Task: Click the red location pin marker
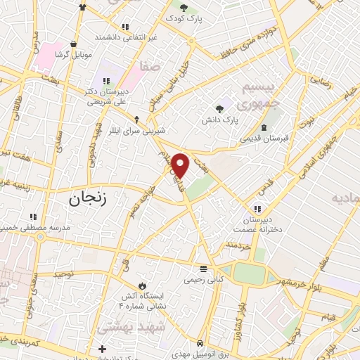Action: pyautogui.click(x=181, y=166)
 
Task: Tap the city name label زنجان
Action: pyautogui.click(x=87, y=198)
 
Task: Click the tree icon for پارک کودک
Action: pyautogui.click(x=184, y=8)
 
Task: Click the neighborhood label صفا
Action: pyautogui.click(x=151, y=67)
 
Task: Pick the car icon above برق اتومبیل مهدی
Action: pyautogui.click(x=200, y=343)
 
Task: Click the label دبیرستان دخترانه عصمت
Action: pyautogui.click(x=258, y=223)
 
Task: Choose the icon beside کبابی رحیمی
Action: pyautogui.click(x=203, y=269)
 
